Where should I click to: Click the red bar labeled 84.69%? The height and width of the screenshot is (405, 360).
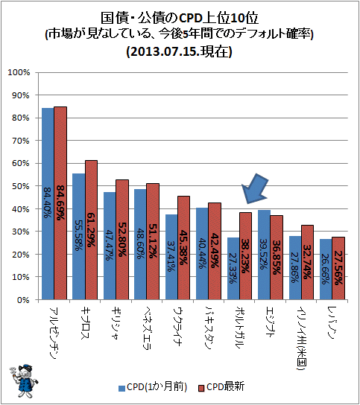[60, 203]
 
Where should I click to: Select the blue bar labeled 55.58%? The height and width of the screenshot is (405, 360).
[78, 237]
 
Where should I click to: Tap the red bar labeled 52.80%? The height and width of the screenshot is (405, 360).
[122, 240]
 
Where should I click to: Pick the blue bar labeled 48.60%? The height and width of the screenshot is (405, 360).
[140, 244]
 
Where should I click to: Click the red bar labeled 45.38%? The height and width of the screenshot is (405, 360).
[183, 248]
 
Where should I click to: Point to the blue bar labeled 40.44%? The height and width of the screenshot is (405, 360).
[202, 254]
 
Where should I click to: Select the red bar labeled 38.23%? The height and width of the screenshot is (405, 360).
[245, 256]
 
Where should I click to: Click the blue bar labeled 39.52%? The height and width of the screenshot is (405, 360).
[264, 255]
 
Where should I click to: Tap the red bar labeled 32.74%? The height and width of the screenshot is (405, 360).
[307, 262]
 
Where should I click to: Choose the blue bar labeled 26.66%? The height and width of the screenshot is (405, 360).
[326, 270]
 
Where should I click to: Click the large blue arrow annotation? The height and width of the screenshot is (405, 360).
[255, 189]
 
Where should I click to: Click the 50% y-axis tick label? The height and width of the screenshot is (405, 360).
[21, 186]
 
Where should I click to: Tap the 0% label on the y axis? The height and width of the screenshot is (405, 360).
[23, 300]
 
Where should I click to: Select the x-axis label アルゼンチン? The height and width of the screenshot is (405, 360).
[54, 334]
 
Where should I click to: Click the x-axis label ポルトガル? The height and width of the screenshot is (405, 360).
[240, 328]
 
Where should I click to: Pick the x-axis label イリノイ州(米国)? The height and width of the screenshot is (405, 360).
[301, 338]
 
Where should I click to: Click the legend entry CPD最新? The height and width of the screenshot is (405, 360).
[221, 387]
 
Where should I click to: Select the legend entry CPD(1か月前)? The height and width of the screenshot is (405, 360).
[153, 387]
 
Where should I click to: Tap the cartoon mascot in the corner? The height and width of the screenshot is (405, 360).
[24, 380]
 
